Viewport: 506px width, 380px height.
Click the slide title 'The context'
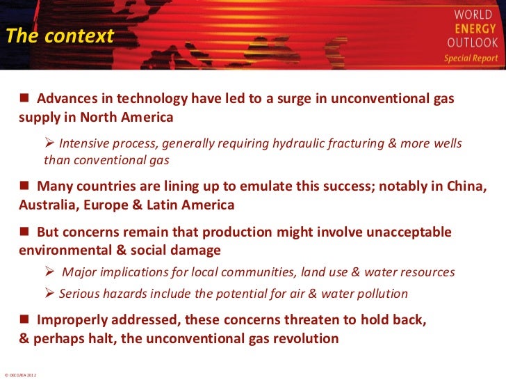(60, 36)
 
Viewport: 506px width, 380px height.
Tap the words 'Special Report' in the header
(471, 58)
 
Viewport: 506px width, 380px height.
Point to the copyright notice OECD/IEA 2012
(20, 374)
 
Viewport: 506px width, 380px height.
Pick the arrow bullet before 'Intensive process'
(49, 144)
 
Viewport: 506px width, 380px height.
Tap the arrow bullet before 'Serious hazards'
(49, 293)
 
